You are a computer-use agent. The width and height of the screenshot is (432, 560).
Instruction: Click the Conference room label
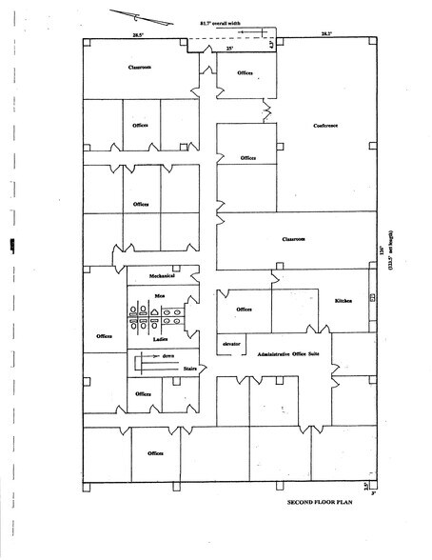(x=326, y=126)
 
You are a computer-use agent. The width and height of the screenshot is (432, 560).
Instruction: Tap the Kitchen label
(x=344, y=301)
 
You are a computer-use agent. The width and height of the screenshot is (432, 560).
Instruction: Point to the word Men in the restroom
(x=161, y=297)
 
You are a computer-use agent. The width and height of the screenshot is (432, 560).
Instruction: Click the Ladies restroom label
(x=161, y=337)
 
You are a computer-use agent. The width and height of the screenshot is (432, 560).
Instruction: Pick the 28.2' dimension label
(x=325, y=34)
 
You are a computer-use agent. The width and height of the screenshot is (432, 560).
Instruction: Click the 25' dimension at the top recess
(x=229, y=48)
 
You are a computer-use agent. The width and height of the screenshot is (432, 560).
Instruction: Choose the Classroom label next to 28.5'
(x=142, y=68)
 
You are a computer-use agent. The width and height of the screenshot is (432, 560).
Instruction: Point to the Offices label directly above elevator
(x=244, y=310)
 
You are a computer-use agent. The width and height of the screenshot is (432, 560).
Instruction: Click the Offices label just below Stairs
(x=143, y=393)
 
